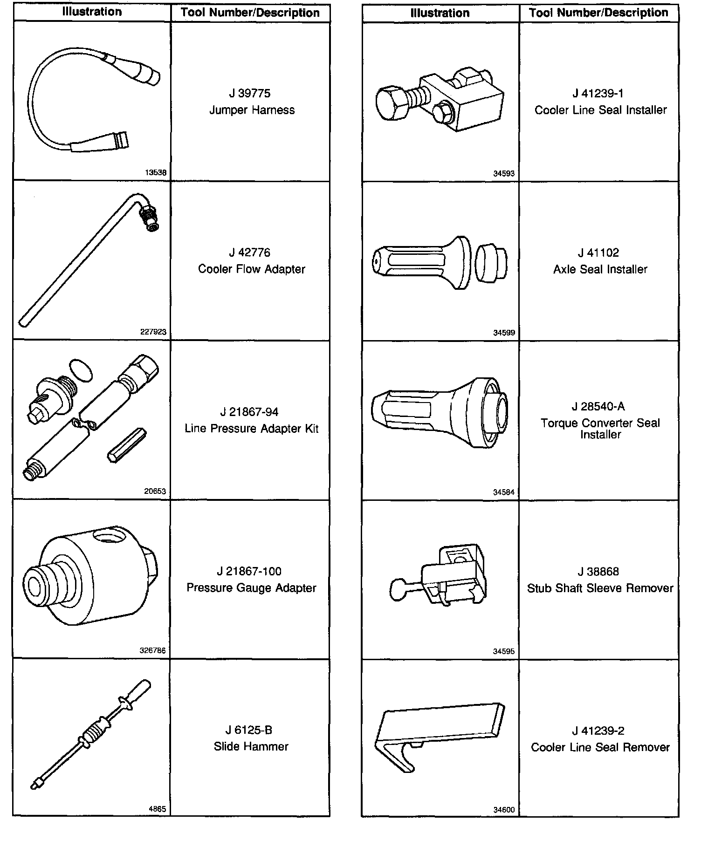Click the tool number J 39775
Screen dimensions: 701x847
click(249, 94)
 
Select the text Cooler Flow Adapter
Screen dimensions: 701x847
click(251, 269)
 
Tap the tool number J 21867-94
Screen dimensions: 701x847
click(249, 412)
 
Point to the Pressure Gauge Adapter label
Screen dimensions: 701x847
click(251, 588)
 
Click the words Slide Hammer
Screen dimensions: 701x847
click(251, 746)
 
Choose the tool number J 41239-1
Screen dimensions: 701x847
click(598, 94)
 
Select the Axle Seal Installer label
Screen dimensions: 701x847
click(600, 269)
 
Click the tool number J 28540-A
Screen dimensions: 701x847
click(598, 407)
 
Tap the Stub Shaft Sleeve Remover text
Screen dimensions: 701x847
click(600, 588)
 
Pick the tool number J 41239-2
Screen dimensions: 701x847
click(598, 731)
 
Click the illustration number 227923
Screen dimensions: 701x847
click(153, 332)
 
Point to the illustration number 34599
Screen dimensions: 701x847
click(503, 333)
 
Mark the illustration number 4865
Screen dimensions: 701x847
click(157, 809)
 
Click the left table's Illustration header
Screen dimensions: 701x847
click(92, 12)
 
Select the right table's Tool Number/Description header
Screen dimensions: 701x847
click(598, 13)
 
